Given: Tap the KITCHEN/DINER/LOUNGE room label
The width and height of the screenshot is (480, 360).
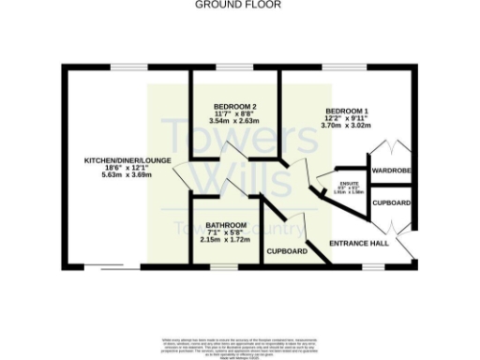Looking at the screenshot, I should (127, 160).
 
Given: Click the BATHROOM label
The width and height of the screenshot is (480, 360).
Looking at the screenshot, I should (226, 226).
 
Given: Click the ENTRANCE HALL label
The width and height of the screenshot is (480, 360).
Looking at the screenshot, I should (357, 244).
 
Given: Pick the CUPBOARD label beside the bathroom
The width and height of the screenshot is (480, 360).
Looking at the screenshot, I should (287, 251).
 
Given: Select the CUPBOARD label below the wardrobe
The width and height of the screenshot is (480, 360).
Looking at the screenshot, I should (391, 202).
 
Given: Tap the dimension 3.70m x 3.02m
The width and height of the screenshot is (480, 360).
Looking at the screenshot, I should (347, 125).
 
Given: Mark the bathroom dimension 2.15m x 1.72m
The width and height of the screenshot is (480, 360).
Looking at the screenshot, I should (226, 239).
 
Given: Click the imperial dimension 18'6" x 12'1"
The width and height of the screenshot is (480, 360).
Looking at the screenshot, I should (127, 168).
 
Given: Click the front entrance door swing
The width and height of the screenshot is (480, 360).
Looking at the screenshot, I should (406, 246).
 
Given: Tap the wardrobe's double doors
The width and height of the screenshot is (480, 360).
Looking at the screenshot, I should (390, 150).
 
